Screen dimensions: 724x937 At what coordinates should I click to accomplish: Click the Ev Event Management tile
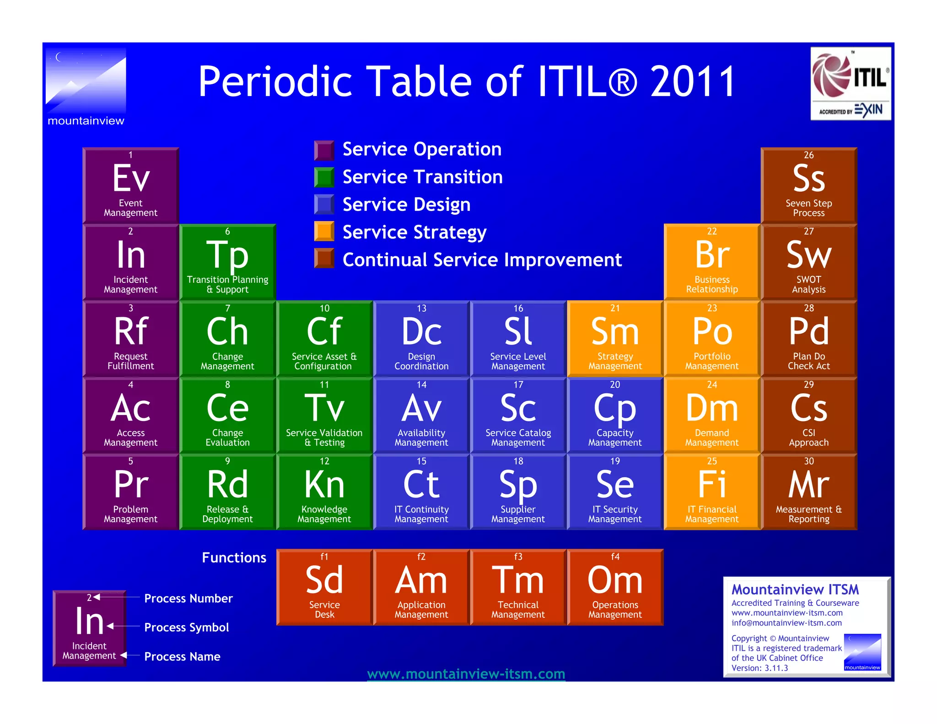(x=130, y=185)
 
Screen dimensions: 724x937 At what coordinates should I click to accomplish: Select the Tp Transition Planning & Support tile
(x=227, y=262)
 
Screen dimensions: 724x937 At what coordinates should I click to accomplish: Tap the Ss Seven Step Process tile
(x=808, y=185)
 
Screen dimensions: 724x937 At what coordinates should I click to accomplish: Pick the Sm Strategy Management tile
(x=615, y=339)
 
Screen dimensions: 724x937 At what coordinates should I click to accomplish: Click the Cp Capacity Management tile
(x=615, y=415)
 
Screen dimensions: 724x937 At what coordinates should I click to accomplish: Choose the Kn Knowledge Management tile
(x=324, y=492)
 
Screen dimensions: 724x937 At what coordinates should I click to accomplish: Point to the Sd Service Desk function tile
(x=324, y=587)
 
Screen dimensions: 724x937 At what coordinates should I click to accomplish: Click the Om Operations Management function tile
(x=615, y=587)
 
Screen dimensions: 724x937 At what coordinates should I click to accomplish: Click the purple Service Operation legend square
(x=324, y=150)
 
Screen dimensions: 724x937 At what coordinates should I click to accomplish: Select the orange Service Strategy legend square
(x=324, y=231)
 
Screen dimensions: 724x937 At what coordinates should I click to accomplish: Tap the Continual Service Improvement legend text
(x=482, y=260)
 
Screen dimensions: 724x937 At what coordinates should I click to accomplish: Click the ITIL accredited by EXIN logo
(x=851, y=84)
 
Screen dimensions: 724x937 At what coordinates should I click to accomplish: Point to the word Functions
(x=234, y=557)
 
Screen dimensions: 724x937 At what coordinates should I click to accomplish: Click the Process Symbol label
(x=186, y=627)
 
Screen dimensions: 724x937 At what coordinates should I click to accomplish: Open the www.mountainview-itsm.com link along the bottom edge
(x=466, y=674)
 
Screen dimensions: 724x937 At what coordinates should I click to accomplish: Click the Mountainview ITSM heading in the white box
(x=795, y=589)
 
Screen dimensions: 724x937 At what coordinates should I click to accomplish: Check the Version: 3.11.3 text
(x=759, y=668)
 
